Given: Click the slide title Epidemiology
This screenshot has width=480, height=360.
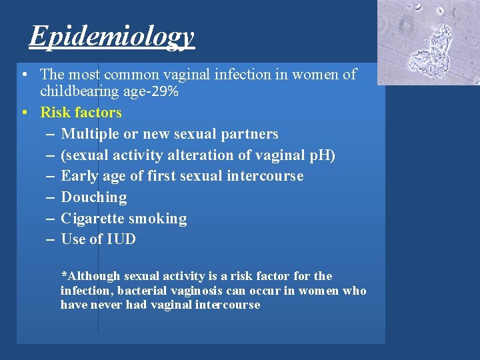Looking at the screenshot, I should [111, 37].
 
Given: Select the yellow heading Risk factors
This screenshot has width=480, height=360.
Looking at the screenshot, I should [81, 113].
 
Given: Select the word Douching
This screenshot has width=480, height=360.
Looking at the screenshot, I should [93, 197].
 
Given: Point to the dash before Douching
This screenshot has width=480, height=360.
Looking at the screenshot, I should [51, 197].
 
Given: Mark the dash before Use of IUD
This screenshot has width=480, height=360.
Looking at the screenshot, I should [51, 239].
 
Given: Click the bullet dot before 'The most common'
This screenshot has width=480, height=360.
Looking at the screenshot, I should [24, 75].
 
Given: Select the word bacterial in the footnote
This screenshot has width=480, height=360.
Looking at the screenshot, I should [139, 291].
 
